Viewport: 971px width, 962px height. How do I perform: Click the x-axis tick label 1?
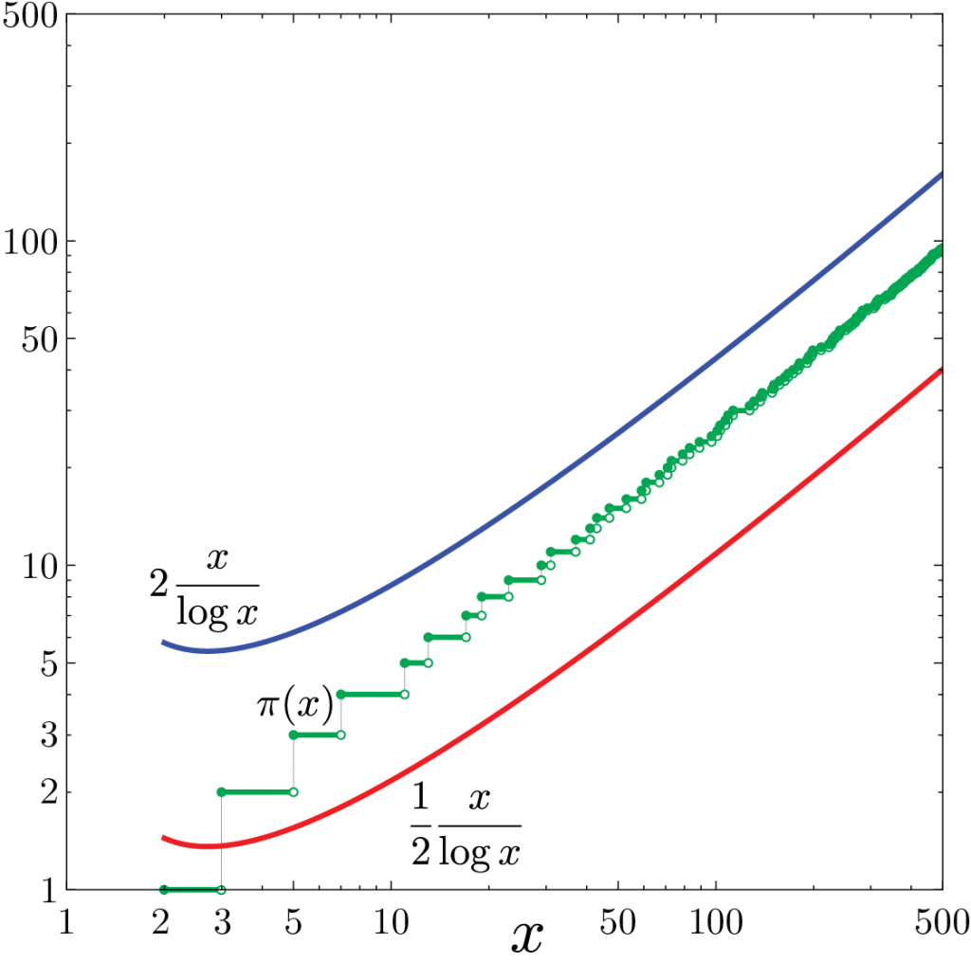point(65,921)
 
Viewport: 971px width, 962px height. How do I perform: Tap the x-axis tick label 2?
point(162,921)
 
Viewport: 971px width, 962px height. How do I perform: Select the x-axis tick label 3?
point(220,921)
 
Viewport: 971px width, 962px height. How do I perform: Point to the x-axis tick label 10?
point(391,921)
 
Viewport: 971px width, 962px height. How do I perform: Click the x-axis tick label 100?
point(716,921)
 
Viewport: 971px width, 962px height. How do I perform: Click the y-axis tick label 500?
point(31,18)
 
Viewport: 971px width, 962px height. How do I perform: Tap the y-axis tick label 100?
point(31,241)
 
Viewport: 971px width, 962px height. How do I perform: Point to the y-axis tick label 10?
point(39,566)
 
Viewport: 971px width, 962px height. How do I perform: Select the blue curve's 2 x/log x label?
point(204,589)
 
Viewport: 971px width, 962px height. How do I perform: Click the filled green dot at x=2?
point(163,890)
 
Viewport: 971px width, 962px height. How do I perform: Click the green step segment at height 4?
point(373,695)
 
